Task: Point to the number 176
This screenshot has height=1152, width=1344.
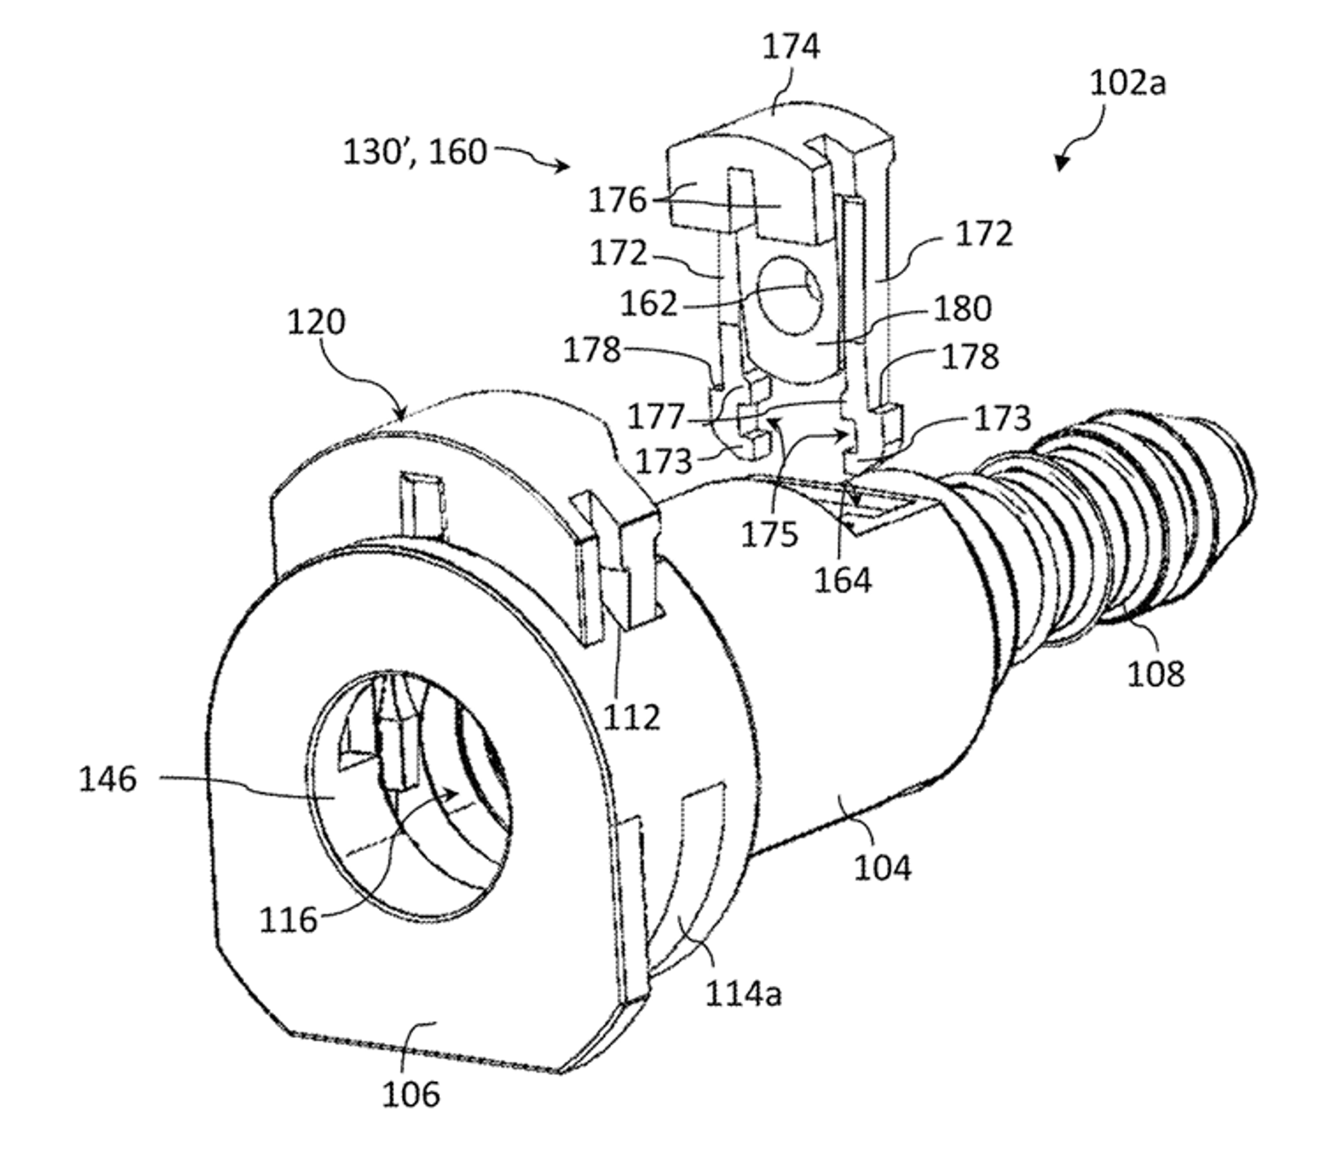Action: (x=617, y=201)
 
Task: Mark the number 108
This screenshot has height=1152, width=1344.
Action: (x=1156, y=674)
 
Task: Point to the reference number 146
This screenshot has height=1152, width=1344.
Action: (x=108, y=779)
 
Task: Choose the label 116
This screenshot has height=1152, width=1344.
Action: (x=289, y=920)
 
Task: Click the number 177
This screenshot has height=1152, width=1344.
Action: (x=656, y=417)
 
